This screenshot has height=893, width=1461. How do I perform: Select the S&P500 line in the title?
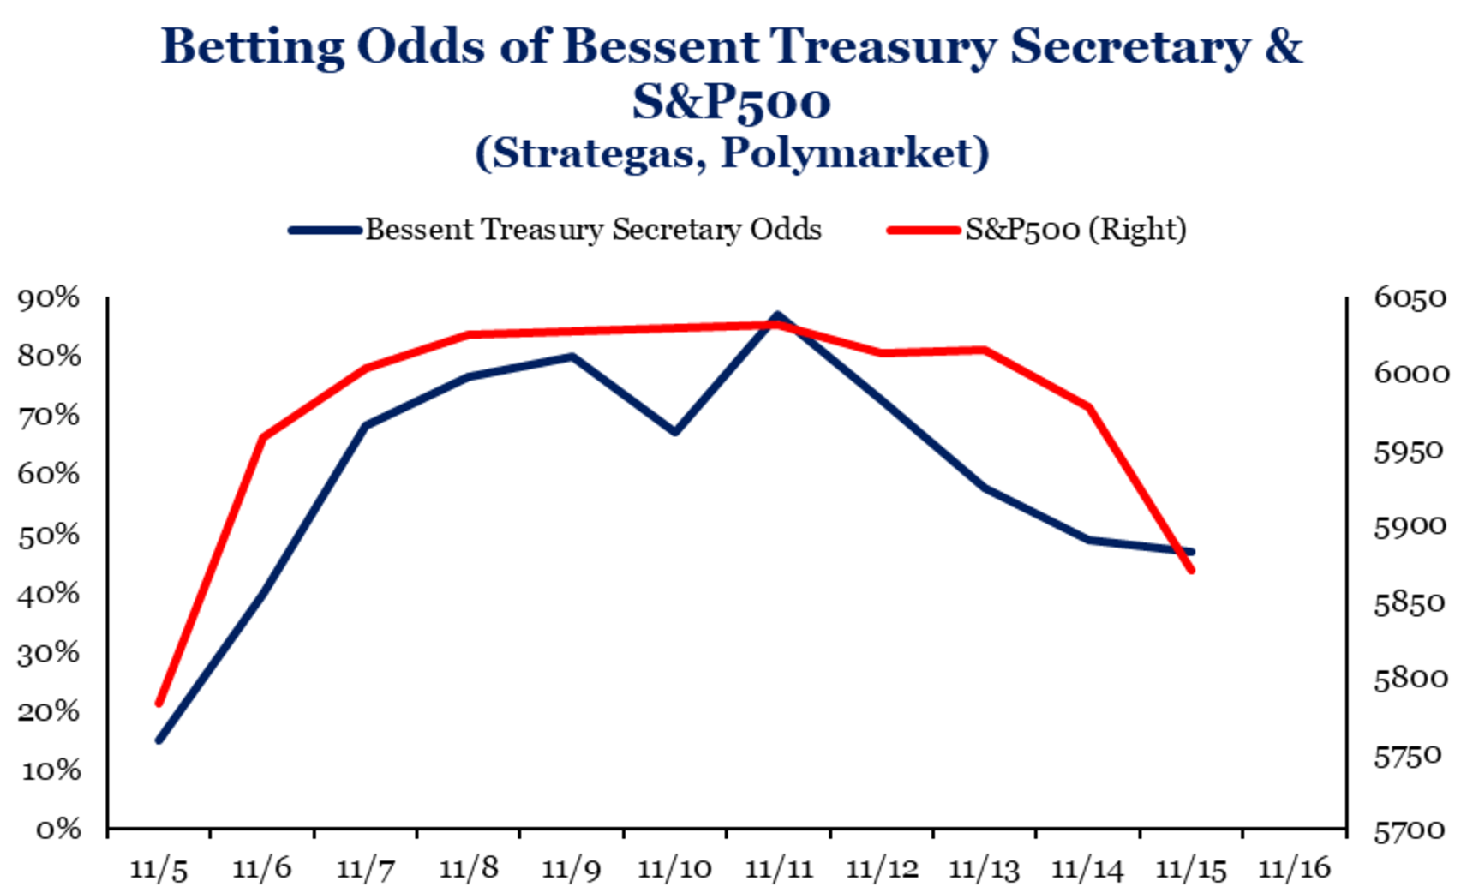pos(731,102)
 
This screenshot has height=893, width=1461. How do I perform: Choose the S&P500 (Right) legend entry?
pos(1075,230)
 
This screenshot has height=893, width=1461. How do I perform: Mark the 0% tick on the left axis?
pos(58,829)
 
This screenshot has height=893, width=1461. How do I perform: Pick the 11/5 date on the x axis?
pos(159,869)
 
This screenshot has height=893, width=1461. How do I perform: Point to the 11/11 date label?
pos(778,869)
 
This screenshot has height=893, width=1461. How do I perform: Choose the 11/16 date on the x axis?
pos(1294,869)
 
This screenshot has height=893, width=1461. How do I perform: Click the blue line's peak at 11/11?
pos(777,315)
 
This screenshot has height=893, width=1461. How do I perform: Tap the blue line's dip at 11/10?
pos(674,431)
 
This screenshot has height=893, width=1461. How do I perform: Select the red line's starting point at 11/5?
pos(159,704)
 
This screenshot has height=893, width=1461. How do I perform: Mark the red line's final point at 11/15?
pos(1191,570)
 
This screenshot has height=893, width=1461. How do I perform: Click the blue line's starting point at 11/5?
pos(159,740)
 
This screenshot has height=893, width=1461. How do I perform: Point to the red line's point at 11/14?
pos(1088,406)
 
